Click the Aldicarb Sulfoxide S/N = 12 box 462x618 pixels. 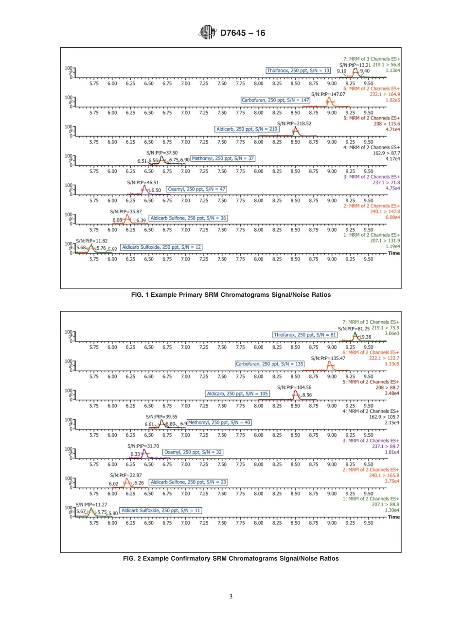coord(161,247)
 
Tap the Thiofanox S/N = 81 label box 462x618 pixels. coord(305,335)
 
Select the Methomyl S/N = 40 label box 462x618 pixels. coord(219,423)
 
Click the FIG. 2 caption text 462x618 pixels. coord(231,558)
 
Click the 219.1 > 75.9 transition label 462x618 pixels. coord(387,328)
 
